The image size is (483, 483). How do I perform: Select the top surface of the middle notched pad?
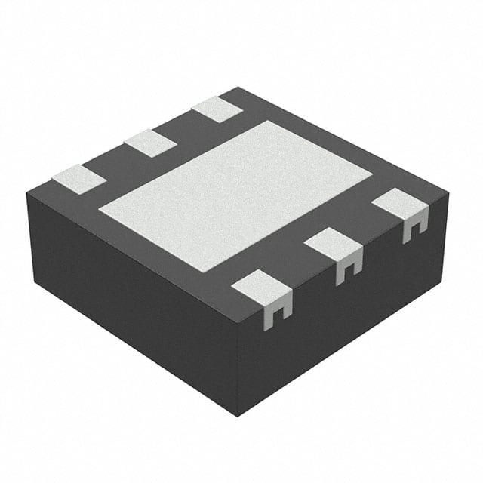[332, 244]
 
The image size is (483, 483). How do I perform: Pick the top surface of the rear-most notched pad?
[398, 205]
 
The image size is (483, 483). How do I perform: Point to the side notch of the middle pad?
[347, 269]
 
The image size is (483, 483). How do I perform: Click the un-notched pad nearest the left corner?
[78, 179]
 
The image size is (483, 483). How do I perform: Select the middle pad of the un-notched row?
[150, 143]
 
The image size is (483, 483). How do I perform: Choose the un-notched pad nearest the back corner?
[217, 109]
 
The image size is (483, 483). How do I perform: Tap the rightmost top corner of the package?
[448, 193]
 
